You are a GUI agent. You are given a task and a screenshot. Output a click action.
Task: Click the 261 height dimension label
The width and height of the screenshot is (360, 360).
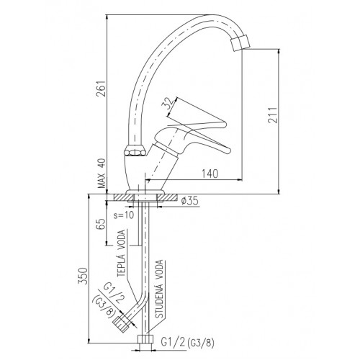[x=101, y=88]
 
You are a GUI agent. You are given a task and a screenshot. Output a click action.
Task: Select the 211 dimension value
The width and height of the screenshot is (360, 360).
[x=273, y=114]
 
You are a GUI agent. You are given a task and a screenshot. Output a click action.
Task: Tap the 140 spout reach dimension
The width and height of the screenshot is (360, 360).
[x=210, y=174]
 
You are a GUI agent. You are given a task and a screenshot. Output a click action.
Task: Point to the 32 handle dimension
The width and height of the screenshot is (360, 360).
[x=167, y=103]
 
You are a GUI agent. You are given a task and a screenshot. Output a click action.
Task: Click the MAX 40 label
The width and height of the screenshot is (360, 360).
[x=102, y=174]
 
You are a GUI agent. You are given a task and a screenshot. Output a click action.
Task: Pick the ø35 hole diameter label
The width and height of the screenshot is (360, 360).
[x=190, y=201]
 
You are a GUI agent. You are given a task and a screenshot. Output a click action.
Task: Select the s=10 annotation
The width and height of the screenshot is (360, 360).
[x=124, y=215]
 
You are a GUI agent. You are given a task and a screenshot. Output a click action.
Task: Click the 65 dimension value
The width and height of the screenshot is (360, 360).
[x=101, y=224]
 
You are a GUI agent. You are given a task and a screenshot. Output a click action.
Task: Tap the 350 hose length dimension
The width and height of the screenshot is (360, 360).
[x=82, y=276]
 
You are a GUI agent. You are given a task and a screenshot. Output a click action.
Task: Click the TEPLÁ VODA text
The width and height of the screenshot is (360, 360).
[x=122, y=253]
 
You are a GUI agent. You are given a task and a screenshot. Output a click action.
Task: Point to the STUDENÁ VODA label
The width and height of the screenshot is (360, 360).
[x=159, y=289]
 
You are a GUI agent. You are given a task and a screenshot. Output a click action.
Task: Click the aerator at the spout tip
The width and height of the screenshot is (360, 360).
[x=240, y=42]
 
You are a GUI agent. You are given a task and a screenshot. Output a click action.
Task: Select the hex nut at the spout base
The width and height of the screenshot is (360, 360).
[x=135, y=151]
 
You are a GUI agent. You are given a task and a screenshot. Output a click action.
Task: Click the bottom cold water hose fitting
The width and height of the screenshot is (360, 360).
[x=145, y=340]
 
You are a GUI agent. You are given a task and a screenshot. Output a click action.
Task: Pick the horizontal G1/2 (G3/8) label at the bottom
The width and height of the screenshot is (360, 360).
[x=187, y=343]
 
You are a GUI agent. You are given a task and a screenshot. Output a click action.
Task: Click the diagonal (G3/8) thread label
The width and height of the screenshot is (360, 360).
[x=105, y=306]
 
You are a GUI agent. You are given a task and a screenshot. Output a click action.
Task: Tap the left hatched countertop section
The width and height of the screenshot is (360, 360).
[x=124, y=197]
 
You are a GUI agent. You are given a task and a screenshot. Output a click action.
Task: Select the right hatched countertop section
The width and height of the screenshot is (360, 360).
[x=167, y=197]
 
